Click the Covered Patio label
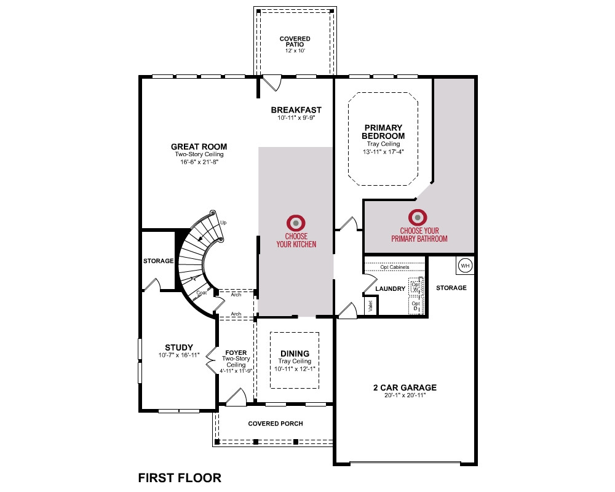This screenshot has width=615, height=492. pyautogui.click(x=295, y=42)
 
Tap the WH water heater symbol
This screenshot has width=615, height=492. pyautogui.click(x=465, y=266)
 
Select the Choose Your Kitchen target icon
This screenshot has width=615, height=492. pyautogui.click(x=296, y=223)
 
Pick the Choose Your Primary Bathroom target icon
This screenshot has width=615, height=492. pyautogui.click(x=418, y=217)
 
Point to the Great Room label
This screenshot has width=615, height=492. pyautogui.click(x=199, y=147)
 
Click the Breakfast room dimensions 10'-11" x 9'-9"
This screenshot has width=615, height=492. pyautogui.click(x=296, y=117)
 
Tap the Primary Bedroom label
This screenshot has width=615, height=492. pyautogui.click(x=383, y=132)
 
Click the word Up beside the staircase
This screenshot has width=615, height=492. pyautogui.click(x=223, y=223)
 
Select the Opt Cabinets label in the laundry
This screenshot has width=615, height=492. pyautogui.click(x=395, y=267)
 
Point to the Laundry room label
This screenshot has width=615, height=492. pyautogui.click(x=391, y=289)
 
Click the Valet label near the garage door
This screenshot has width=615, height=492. pyautogui.click(x=371, y=306)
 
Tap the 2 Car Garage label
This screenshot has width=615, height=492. pyautogui.click(x=405, y=387)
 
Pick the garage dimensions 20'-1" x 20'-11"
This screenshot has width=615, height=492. pyautogui.click(x=405, y=395)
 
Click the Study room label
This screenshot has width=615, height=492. pyautogui.click(x=179, y=347)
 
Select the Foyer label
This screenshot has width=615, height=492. pyautogui.click(x=236, y=353)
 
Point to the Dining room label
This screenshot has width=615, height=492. pyautogui.click(x=295, y=354)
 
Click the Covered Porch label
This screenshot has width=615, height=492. pyautogui.click(x=276, y=424)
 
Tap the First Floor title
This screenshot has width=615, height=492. pyautogui.click(x=180, y=478)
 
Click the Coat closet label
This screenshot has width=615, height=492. pyautogui.click(x=202, y=293)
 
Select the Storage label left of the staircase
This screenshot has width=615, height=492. pyautogui.click(x=159, y=261)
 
